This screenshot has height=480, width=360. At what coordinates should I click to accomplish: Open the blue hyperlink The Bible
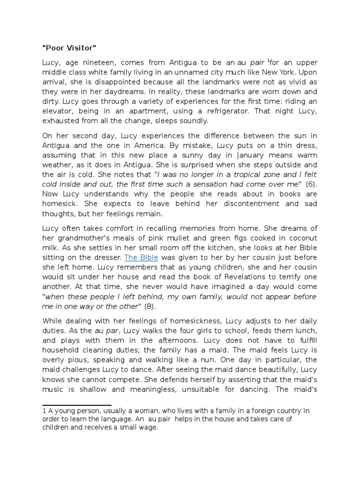(x=141, y=258)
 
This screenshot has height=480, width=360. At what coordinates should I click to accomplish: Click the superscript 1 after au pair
(x=269, y=60)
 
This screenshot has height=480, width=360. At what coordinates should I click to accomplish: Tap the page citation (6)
(x=310, y=184)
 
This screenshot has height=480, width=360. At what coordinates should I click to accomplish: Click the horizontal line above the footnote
(x=77, y=405)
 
